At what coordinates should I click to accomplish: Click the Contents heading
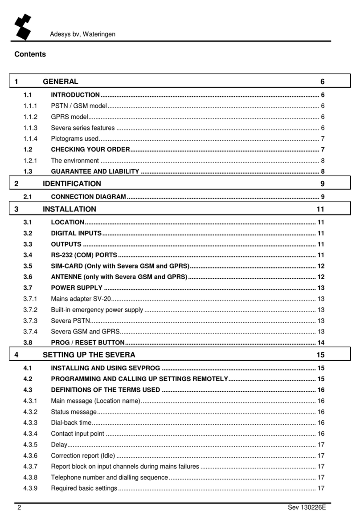pos(30,54)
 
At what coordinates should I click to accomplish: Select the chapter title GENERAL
pos(60,81)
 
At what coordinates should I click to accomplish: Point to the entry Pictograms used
pos(74,139)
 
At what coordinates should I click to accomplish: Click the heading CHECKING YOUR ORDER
pos(90,150)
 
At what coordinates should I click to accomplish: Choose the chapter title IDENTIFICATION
pos(72,183)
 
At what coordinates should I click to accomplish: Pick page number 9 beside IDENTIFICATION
pos(322,183)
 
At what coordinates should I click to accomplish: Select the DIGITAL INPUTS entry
pos(76,233)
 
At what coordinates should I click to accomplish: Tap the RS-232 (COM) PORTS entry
pos(84,255)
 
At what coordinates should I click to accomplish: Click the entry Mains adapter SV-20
pos(81,298)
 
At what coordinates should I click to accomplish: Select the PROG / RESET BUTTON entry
pos(87,342)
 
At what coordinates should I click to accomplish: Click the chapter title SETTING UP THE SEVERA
pos(89,355)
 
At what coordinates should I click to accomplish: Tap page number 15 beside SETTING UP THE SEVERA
pos(320,355)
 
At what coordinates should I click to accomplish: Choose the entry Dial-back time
pos(71,422)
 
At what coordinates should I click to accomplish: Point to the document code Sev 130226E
pos(307,508)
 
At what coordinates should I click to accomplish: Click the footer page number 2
pos(19,508)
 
